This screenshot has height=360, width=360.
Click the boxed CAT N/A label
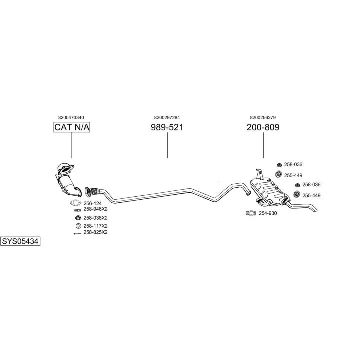click(71, 127)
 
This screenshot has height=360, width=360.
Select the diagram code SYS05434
click(20, 241)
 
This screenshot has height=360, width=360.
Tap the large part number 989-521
click(167, 127)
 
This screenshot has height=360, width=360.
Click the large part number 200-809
click(263, 127)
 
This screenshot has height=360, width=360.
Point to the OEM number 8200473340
click(71, 117)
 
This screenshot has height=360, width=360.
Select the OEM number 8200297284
click(167, 117)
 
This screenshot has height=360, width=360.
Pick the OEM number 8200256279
click(263, 117)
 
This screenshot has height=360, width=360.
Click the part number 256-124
click(92, 203)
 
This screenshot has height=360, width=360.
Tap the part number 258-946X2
click(95, 209)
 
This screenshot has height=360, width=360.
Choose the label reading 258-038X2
click(95, 218)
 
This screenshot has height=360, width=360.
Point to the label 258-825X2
click(95, 232)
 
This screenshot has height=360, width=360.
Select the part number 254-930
click(268, 213)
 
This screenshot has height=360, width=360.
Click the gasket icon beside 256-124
click(76, 203)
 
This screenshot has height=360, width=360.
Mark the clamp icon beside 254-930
click(251, 213)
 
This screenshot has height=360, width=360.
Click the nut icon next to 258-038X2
click(77, 218)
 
